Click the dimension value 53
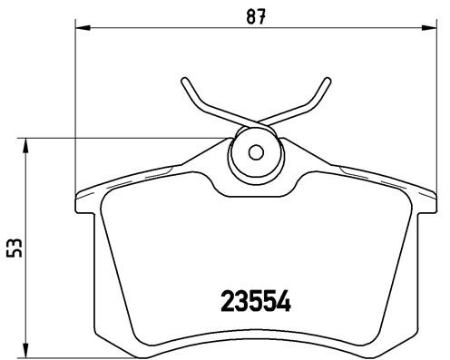(13, 248)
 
